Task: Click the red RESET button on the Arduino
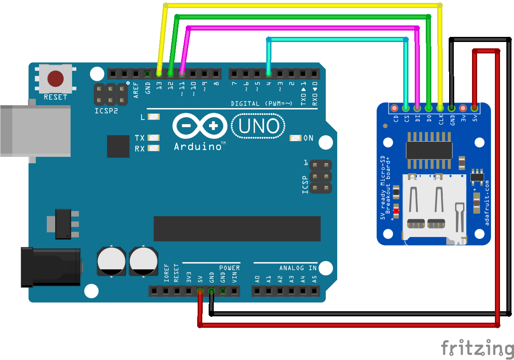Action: coord(56,78)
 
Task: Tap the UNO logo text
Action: coord(258,126)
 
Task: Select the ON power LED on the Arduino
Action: coord(296,138)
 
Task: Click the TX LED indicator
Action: coord(154,138)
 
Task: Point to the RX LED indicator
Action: coord(154,148)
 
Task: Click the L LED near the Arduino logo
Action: coord(154,117)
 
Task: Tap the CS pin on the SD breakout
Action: coord(407,108)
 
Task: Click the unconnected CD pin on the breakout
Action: coord(395,108)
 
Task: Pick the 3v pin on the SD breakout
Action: coord(463,108)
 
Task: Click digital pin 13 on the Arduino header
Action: coord(159,74)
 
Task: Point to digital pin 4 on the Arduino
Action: coord(268,74)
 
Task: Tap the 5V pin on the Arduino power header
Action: coord(199,291)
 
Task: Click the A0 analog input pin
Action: coord(257,291)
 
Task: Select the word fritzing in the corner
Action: coord(477,348)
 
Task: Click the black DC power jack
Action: coord(51,267)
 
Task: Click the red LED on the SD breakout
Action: coord(397,210)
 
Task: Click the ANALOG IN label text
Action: coord(298,268)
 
